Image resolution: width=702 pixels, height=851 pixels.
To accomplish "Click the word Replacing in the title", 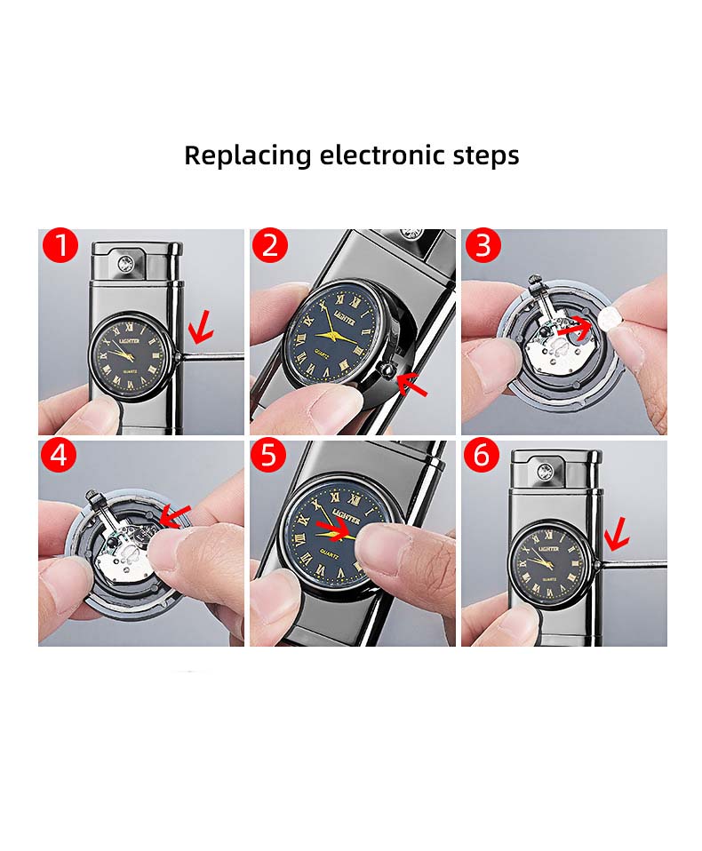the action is tap(248, 155).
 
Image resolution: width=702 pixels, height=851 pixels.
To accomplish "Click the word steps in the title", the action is tap(486, 156).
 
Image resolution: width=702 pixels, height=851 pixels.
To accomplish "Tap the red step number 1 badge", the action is tap(60, 245).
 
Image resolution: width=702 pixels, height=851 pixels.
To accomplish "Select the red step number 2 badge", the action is tap(270, 245).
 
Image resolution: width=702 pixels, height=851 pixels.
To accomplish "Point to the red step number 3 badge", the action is tap(483, 245).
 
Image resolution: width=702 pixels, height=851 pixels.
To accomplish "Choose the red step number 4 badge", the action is tap(59, 455).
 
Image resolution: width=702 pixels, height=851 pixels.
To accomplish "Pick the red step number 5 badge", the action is tap(268, 455).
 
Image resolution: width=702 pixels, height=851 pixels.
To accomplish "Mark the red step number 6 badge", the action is tap(482, 455).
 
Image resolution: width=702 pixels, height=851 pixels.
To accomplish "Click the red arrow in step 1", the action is tap(200, 328).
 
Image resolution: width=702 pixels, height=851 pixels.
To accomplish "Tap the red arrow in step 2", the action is tap(411, 384).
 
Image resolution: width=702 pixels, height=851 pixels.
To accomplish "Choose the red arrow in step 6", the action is tap(618, 535).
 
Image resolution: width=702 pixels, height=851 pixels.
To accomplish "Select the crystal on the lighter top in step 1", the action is tap(126, 265).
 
